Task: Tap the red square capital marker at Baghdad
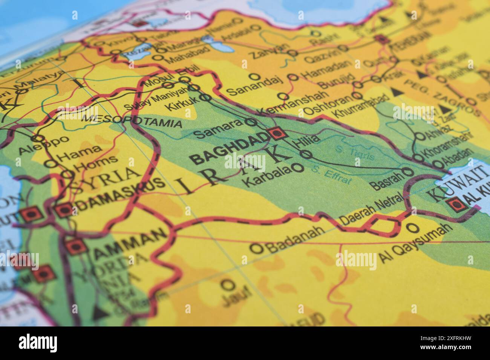[277, 133]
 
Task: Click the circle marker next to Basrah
[408, 172]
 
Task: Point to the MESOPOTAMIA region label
[132, 121]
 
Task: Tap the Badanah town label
[295, 238]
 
